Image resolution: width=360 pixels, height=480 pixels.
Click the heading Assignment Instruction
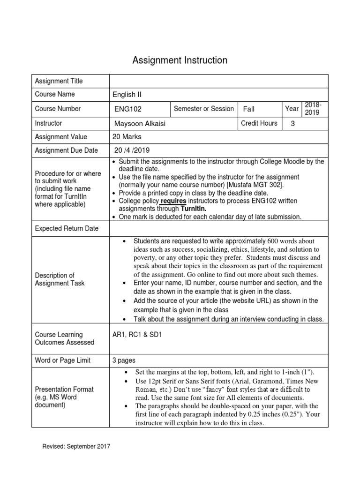[x=180, y=60]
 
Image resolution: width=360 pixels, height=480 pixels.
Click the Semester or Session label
[x=203, y=109]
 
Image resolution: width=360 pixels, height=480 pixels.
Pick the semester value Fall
[x=248, y=109]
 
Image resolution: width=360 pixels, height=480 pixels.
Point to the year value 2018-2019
[x=313, y=108]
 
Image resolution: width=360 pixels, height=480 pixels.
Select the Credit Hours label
[x=259, y=123]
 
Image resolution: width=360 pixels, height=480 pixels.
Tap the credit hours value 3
[x=293, y=124]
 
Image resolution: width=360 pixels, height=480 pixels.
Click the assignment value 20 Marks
[x=127, y=137]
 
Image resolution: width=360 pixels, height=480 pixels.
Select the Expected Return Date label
[x=67, y=228]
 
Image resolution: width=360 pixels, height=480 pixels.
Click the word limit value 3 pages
[x=124, y=360]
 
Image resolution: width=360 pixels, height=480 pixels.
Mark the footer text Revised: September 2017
[x=76, y=447]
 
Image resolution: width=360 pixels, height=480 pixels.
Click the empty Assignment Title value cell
[x=218, y=81]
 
